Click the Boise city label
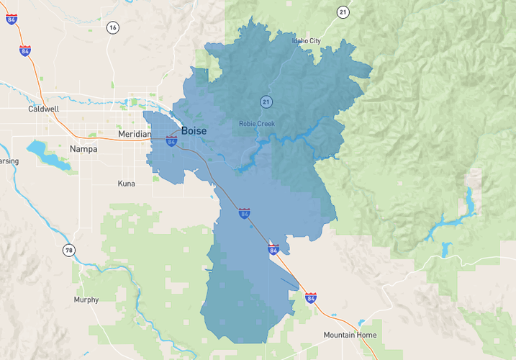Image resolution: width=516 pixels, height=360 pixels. pos(194,130)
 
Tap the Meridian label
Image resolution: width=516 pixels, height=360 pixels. pos(135,135)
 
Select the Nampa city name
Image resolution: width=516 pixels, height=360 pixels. pos(83,149)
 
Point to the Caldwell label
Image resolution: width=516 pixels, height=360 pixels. pos(43,109)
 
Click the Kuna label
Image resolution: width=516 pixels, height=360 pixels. pos(126,184)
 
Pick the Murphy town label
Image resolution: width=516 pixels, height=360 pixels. pos(86,300)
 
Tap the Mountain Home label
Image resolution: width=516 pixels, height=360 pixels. pos(350,336)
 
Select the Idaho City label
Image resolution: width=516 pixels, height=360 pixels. pos(306,41)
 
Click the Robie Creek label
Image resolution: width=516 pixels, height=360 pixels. pos(257,125)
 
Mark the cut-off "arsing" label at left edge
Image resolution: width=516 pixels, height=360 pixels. pos(9,161)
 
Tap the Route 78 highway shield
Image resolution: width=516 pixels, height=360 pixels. pos(68,251)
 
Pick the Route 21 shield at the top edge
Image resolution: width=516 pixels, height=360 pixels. pos(343,12)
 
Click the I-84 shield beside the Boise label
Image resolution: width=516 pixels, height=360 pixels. pos(171,141)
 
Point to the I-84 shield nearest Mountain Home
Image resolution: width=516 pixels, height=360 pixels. pos(310,297)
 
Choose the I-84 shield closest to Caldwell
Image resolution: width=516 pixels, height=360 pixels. pos(25,51)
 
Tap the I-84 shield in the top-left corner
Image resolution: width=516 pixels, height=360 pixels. pos(11,19)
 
